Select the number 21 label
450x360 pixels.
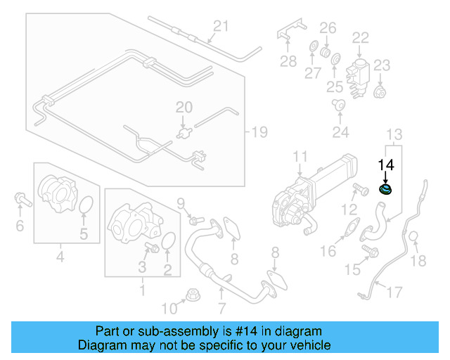tap(221, 27)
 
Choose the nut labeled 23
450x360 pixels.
tap(380, 91)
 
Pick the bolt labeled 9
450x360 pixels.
tap(194, 221)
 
